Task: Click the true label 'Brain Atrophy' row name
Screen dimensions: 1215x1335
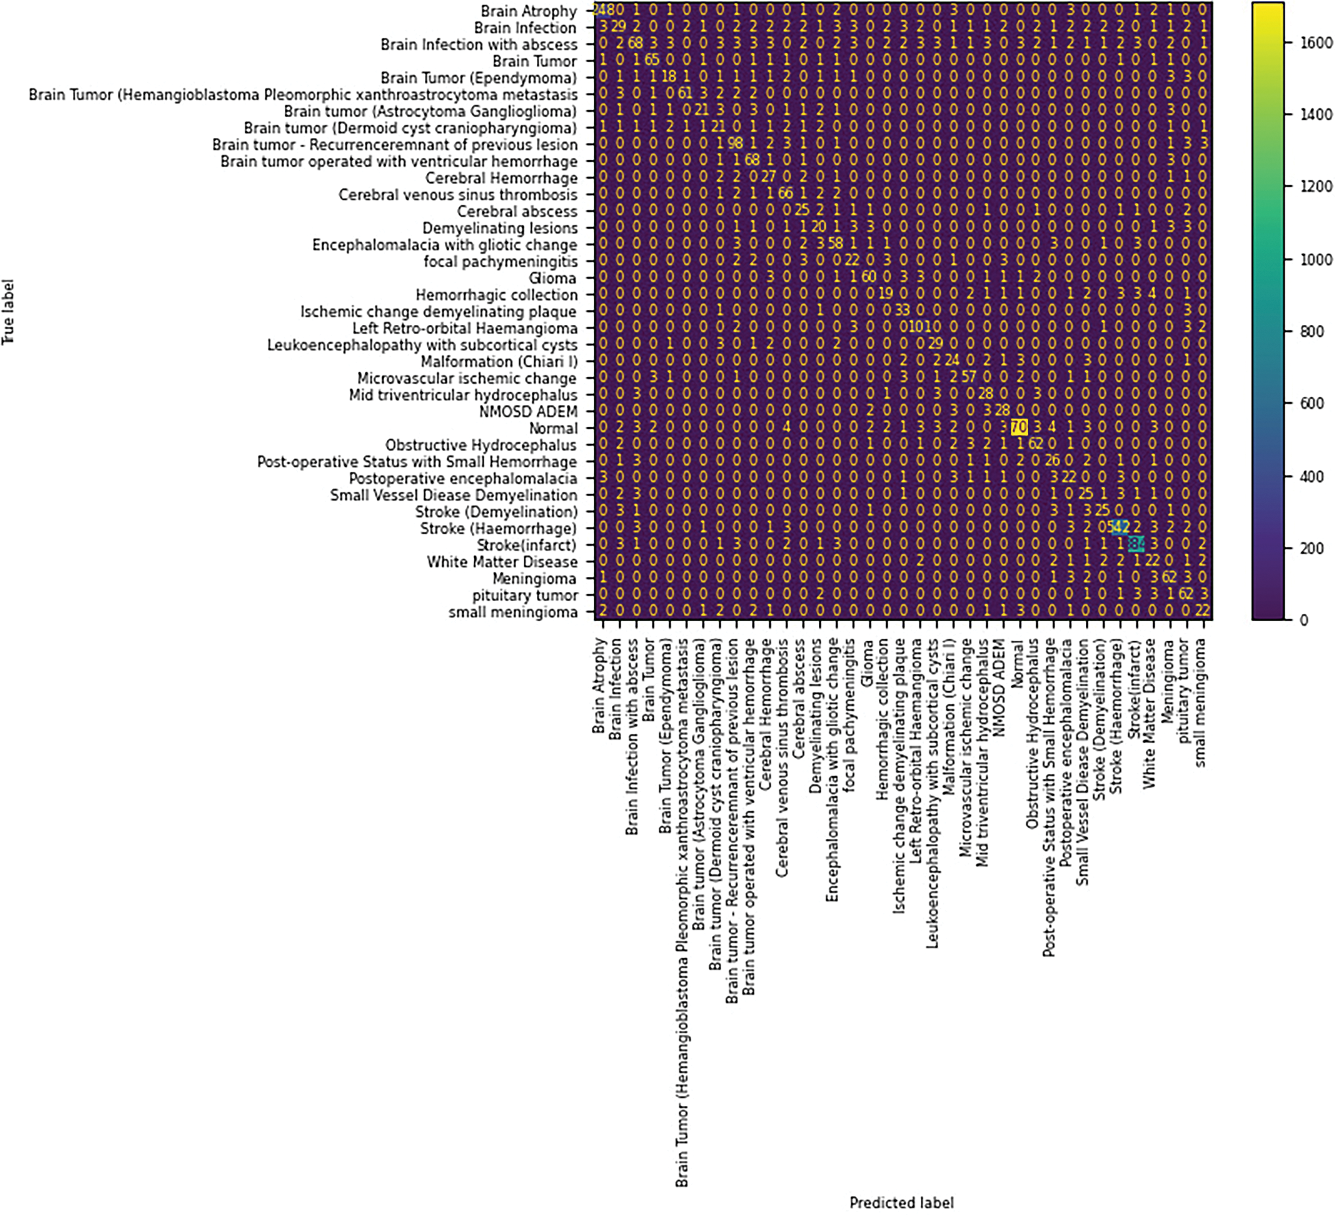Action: [x=528, y=11]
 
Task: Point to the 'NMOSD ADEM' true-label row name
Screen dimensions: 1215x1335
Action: [x=528, y=412]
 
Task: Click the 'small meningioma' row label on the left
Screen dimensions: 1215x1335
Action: [x=512, y=612]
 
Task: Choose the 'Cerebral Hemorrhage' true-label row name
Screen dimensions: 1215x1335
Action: [x=501, y=178]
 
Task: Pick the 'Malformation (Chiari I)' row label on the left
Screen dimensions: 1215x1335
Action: [x=499, y=362]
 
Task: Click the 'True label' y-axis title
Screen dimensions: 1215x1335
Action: [x=8, y=312]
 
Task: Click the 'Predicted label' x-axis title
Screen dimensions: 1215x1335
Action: [x=901, y=1202]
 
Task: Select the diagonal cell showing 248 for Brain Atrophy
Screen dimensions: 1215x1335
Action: [x=601, y=11]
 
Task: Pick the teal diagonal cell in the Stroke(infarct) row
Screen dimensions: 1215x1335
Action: [x=1136, y=545]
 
